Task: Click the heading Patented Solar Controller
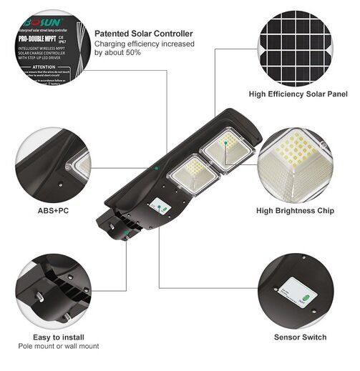143,34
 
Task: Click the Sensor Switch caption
300,337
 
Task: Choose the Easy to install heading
59,337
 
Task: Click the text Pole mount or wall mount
59,347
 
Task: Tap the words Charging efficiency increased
140,44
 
